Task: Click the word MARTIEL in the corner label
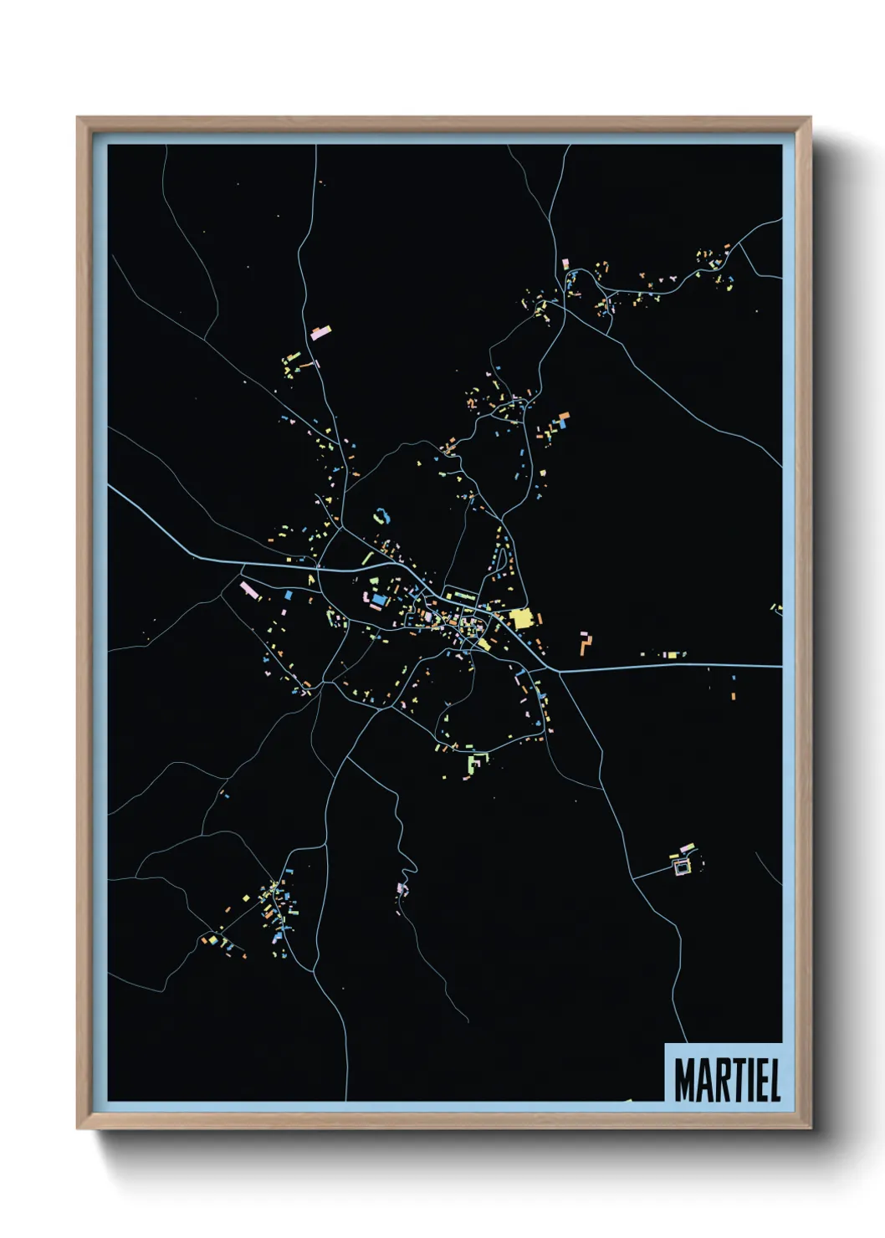point(726,1080)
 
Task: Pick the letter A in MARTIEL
point(703,1080)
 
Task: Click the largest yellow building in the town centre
point(521,619)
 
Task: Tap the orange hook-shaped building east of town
point(586,642)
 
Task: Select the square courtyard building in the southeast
point(683,867)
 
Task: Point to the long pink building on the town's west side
point(249,590)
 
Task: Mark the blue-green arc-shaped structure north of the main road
point(381,515)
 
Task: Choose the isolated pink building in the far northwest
point(320,332)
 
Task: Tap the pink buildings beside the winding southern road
point(402,888)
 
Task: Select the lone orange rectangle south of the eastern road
point(733,695)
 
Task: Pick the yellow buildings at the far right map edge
point(776,608)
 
